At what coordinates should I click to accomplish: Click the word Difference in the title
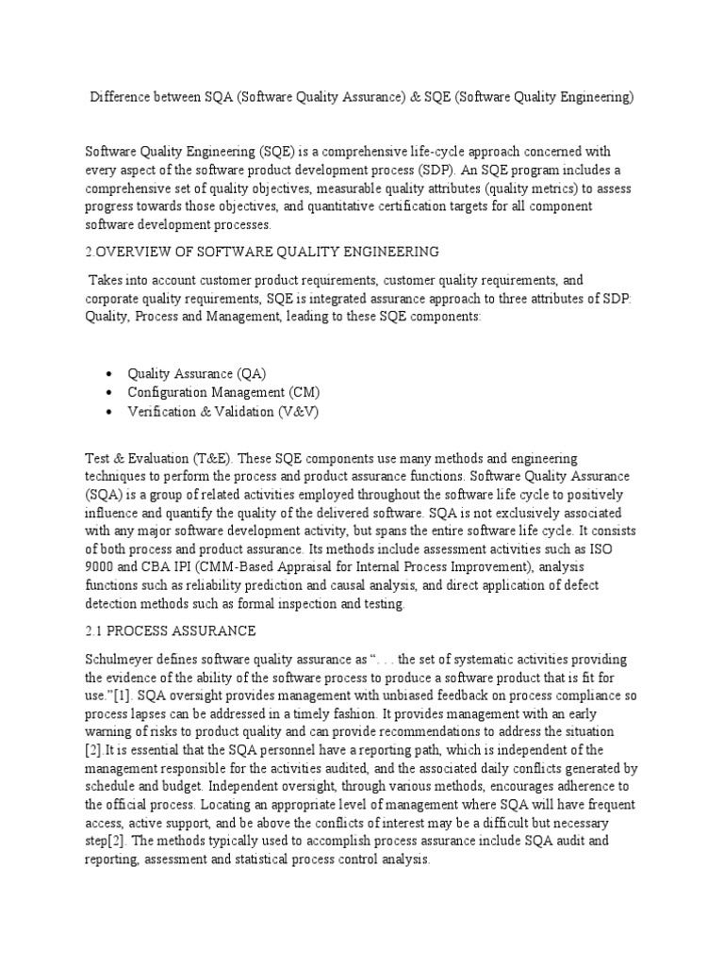click(119, 98)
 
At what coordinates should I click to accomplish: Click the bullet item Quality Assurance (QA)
click(204, 372)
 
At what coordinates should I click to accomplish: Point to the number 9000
click(104, 568)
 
